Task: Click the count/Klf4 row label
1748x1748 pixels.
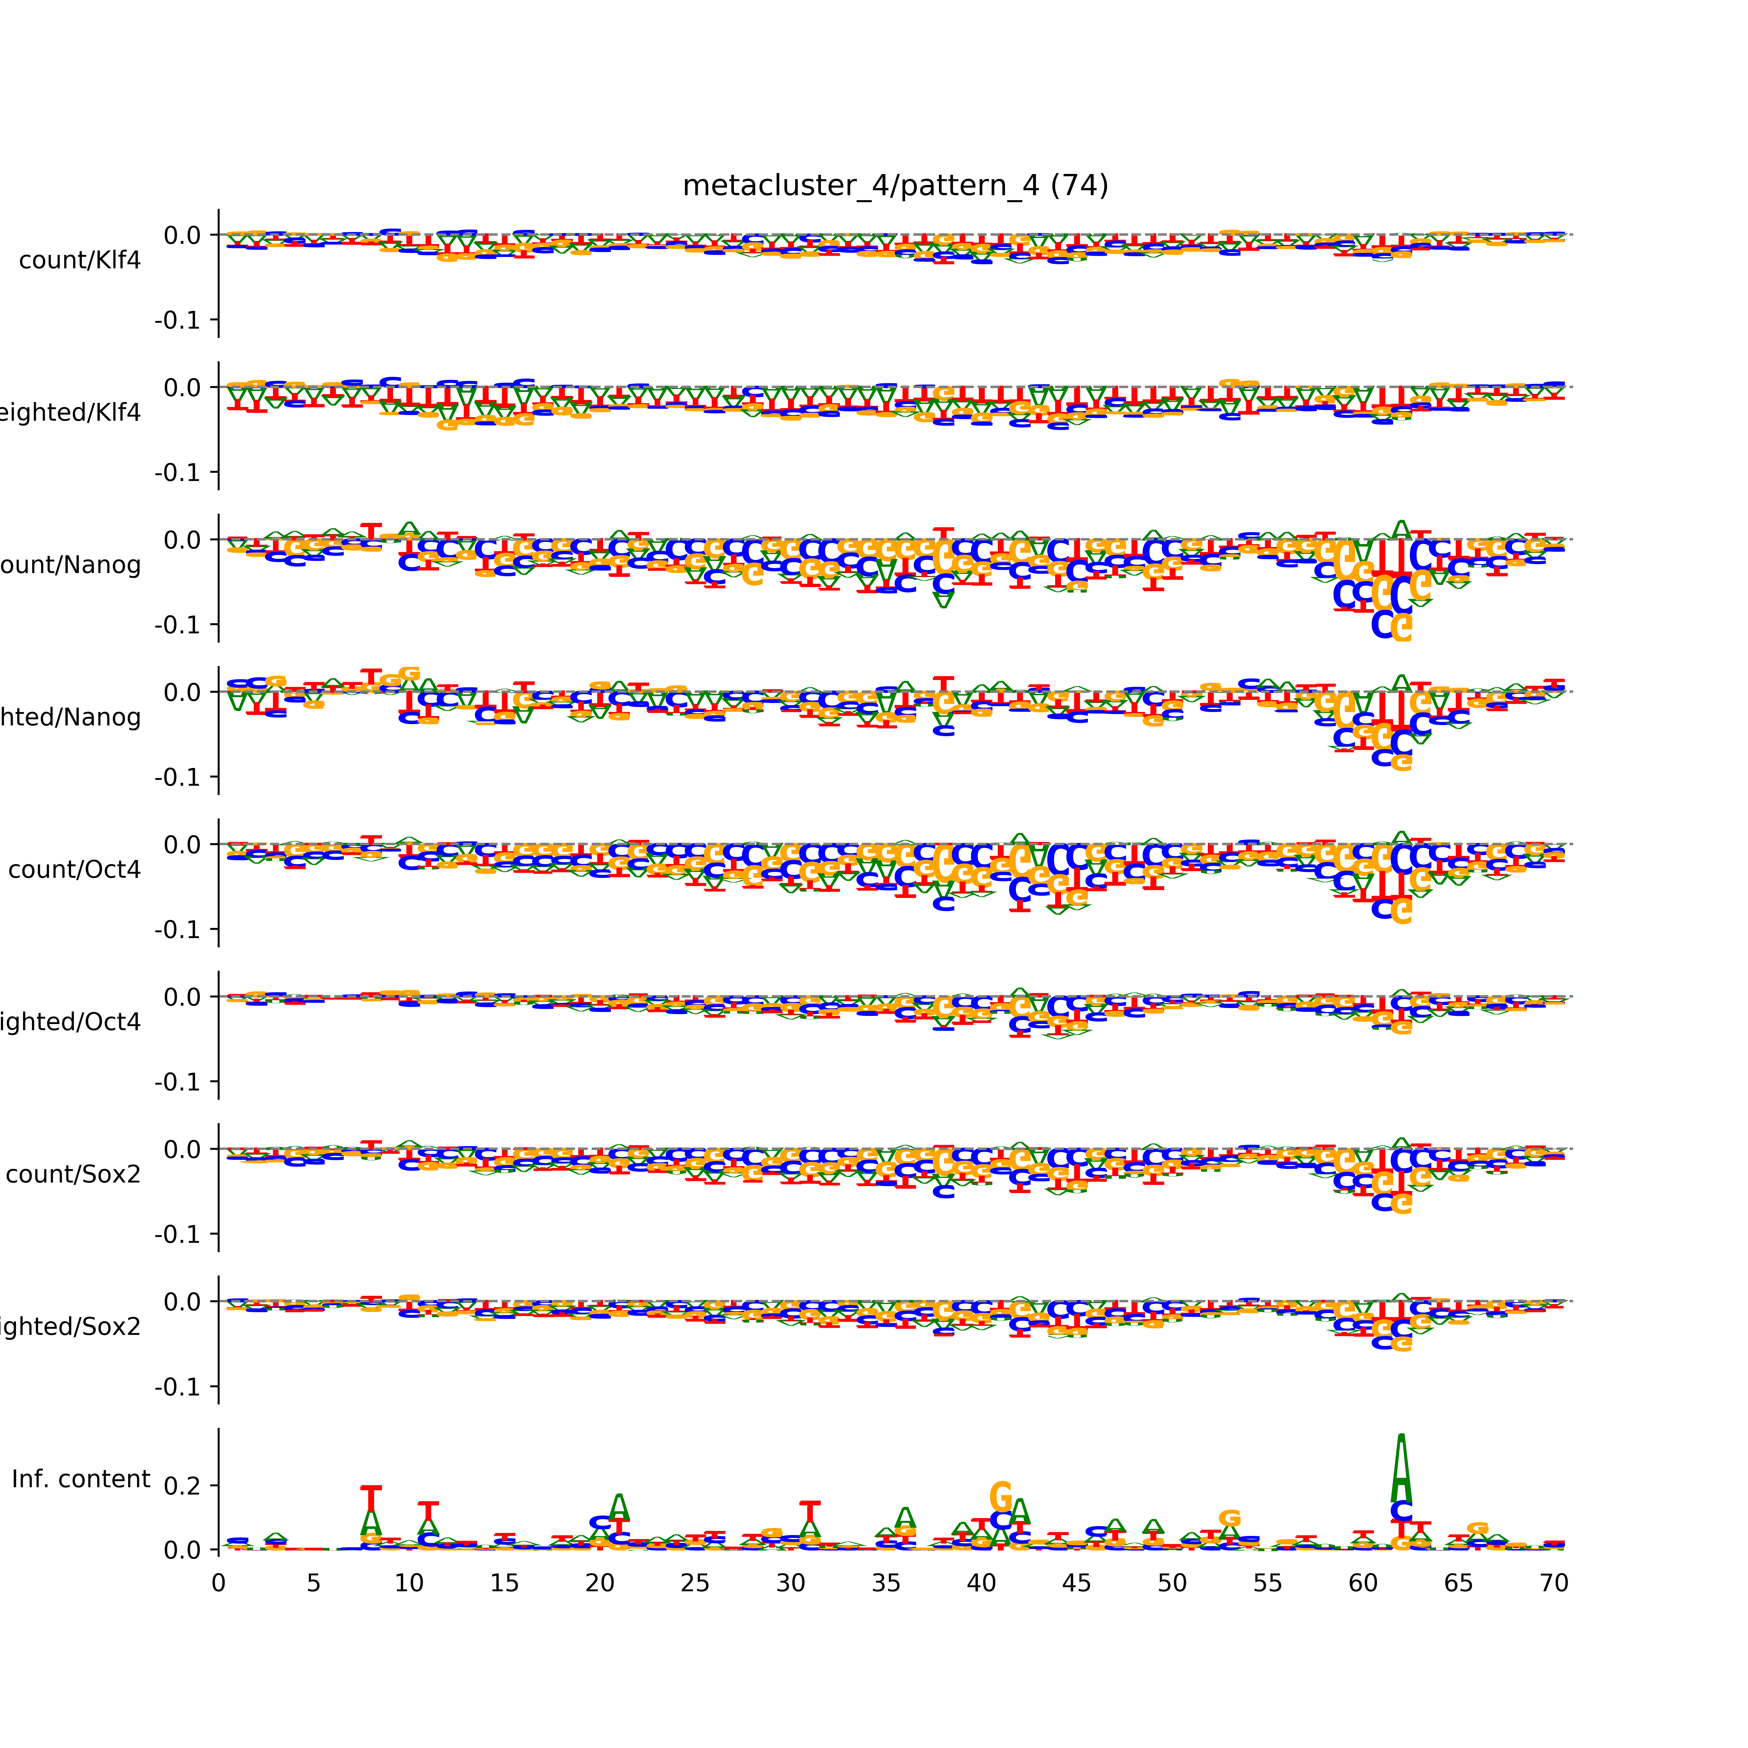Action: coord(80,260)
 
